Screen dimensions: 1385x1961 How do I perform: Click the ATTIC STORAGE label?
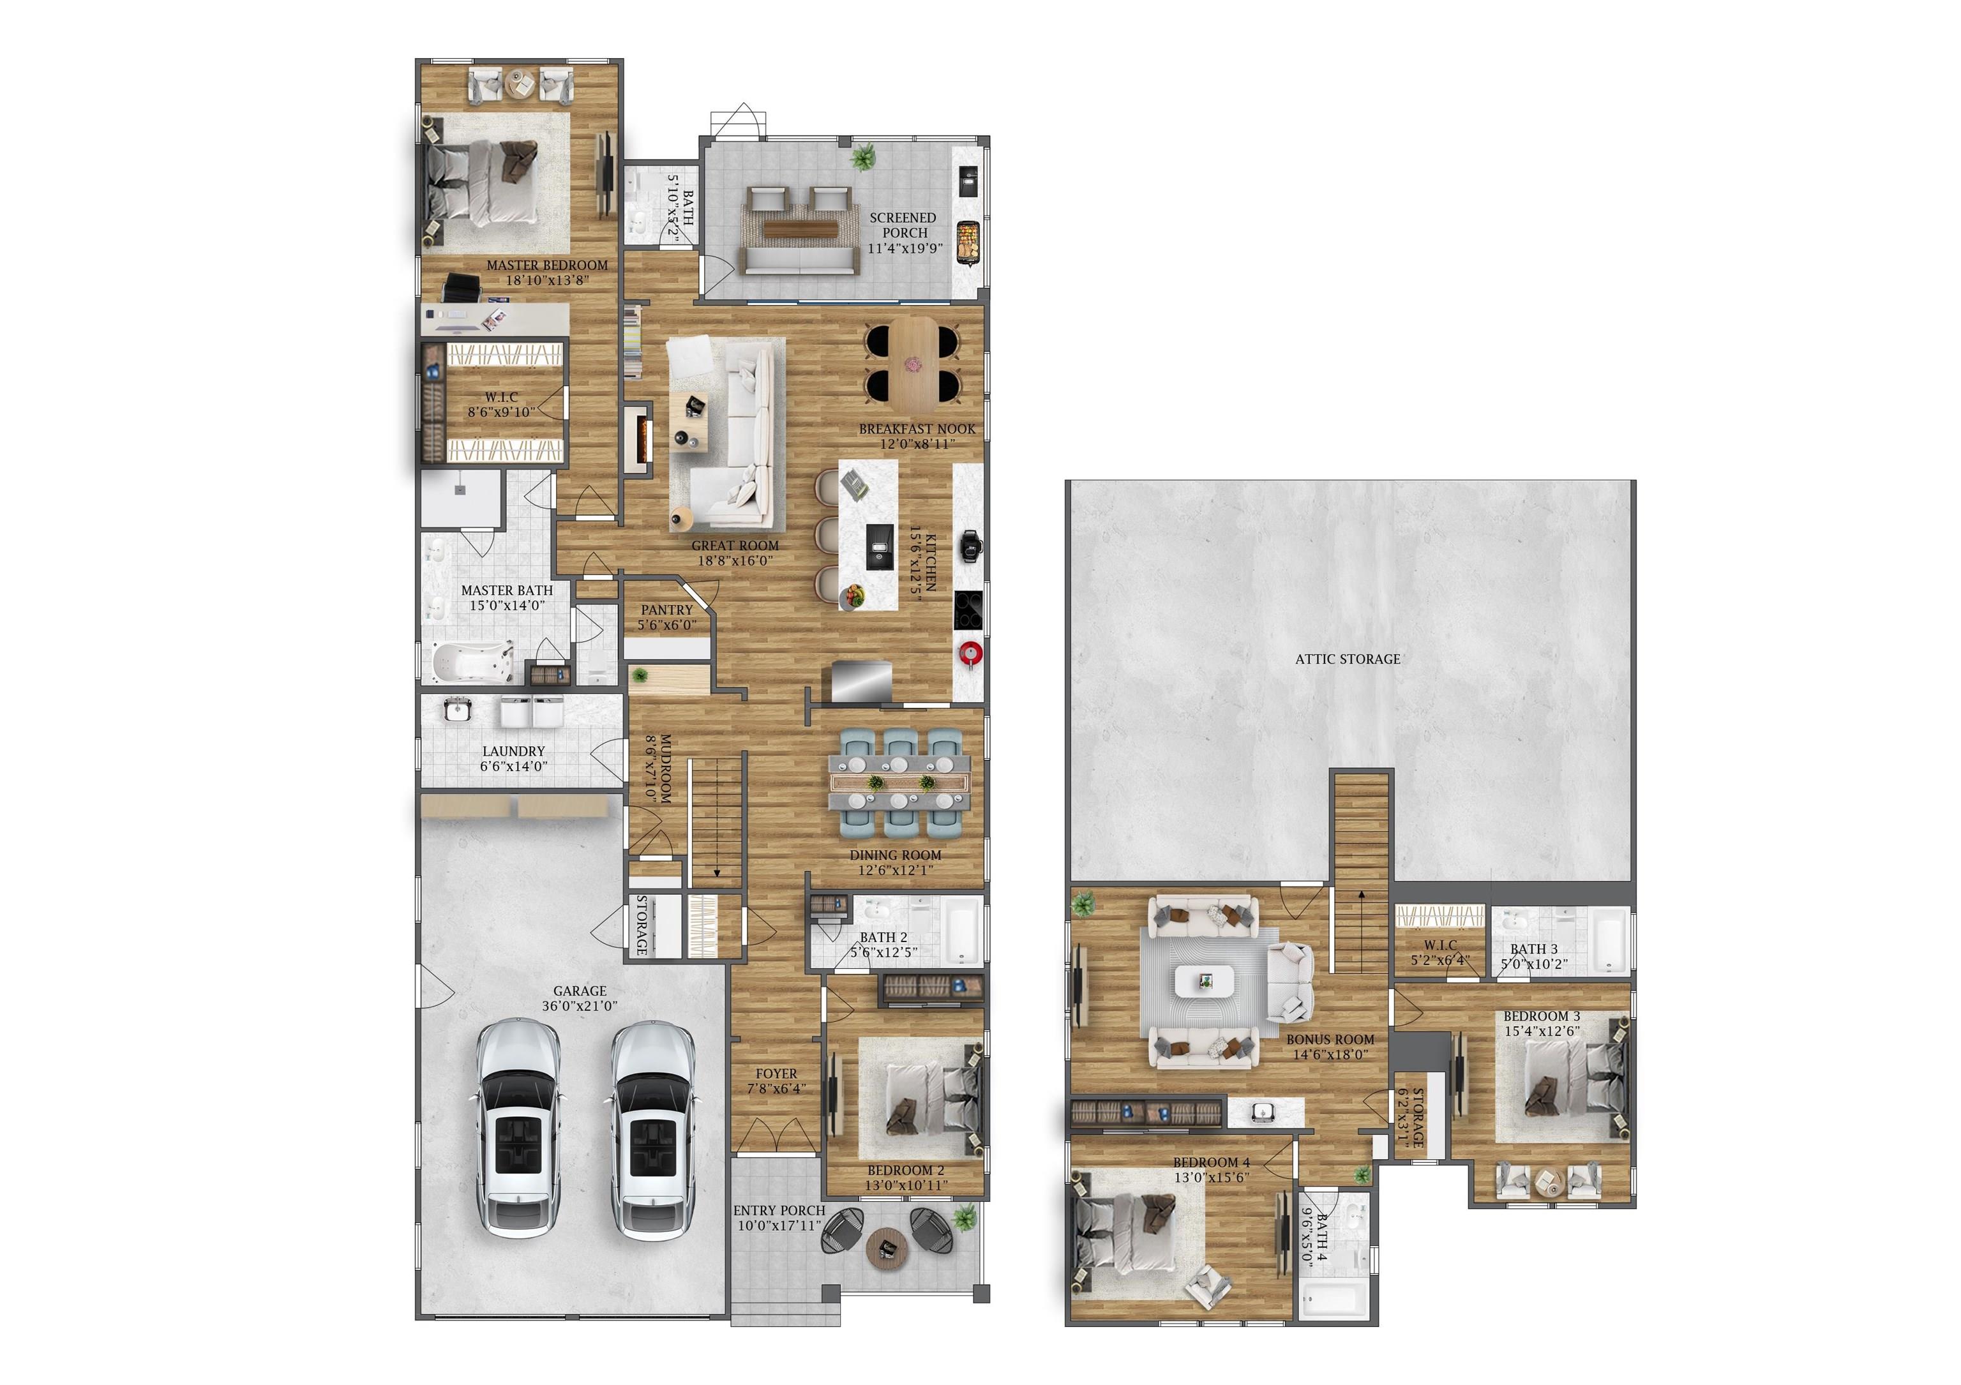click(x=1347, y=659)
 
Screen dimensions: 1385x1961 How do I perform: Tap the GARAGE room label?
click(x=579, y=991)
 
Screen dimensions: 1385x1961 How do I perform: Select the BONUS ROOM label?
click(x=1331, y=1040)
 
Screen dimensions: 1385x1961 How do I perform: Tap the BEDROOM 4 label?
click(x=1211, y=1163)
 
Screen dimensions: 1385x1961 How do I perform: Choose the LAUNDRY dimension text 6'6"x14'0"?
click(x=513, y=767)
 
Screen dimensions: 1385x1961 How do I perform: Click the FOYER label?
click(x=776, y=1074)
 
